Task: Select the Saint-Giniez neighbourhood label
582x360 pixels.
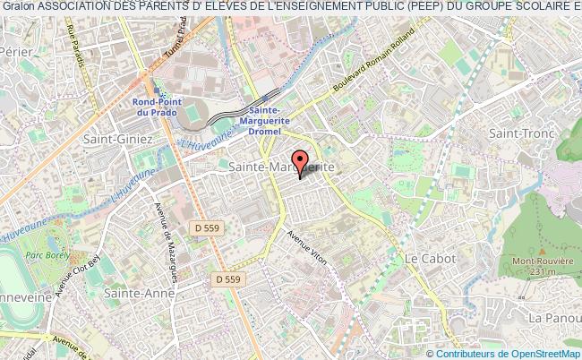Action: point(113,140)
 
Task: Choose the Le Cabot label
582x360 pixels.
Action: point(430,258)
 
